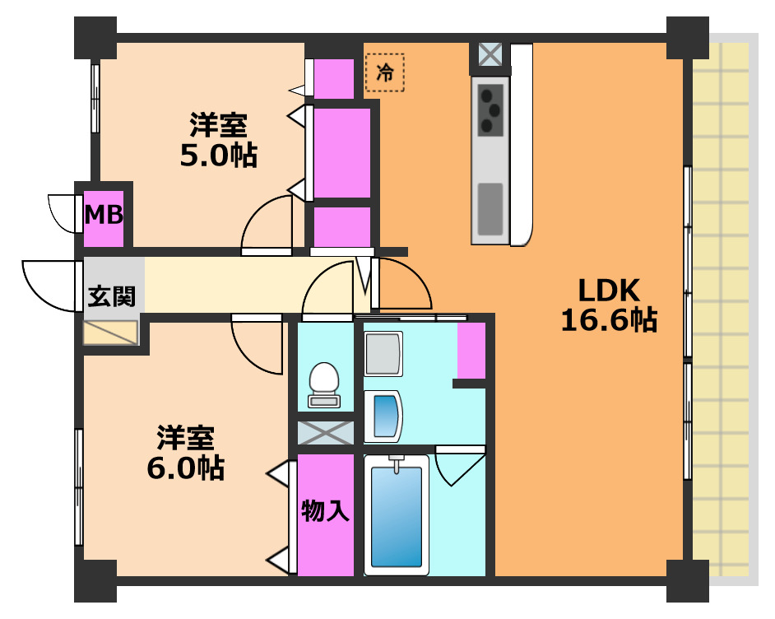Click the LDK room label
pyautogui.click(x=608, y=290)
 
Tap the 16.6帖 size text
pyautogui.click(x=608, y=319)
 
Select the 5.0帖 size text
pyautogui.click(x=218, y=155)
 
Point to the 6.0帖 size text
pyautogui.click(x=185, y=467)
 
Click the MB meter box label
pyautogui.click(x=104, y=216)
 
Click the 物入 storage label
pyautogui.click(x=326, y=511)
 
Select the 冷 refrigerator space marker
pyautogui.click(x=385, y=72)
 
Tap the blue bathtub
pyautogui.click(x=396, y=514)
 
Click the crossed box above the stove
pyautogui.click(x=490, y=57)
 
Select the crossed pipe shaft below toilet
pyautogui.click(x=325, y=432)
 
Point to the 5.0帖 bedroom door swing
pyautogui.click(x=267, y=224)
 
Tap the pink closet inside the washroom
pyautogui.click(x=471, y=350)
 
